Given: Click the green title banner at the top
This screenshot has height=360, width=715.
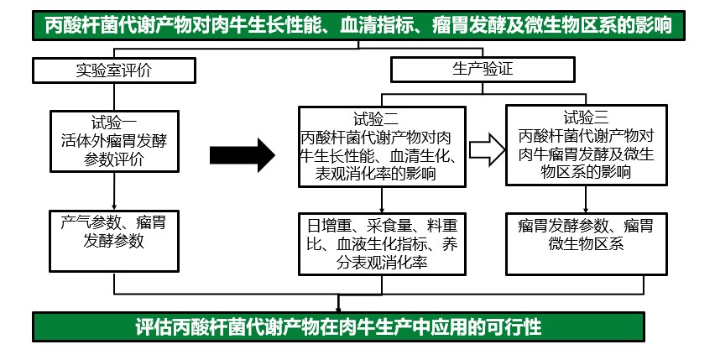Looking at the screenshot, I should [357, 24].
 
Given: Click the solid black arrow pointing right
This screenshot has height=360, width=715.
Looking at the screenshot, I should [242, 154].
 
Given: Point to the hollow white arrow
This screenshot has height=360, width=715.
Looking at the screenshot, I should [485, 148].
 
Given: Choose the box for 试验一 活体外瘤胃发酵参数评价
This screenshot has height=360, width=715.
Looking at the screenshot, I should [115, 140].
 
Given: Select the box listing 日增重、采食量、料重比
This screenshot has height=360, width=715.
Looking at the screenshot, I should [383, 243].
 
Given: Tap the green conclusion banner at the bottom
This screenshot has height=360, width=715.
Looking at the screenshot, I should [338, 327].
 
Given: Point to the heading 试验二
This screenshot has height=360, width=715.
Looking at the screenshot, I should [382, 117].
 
